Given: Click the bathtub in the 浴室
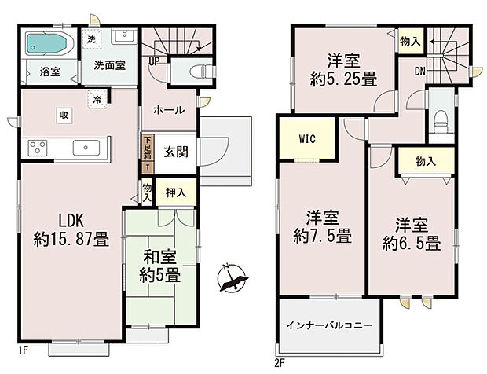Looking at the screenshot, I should point(49,43).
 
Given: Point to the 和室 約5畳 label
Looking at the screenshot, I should point(161,266).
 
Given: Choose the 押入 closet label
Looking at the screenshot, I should point(176,191).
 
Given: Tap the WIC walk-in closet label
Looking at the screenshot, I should point(307,139).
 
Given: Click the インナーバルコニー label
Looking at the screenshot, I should point(328,324).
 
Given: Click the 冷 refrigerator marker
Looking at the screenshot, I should point(97,100).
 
